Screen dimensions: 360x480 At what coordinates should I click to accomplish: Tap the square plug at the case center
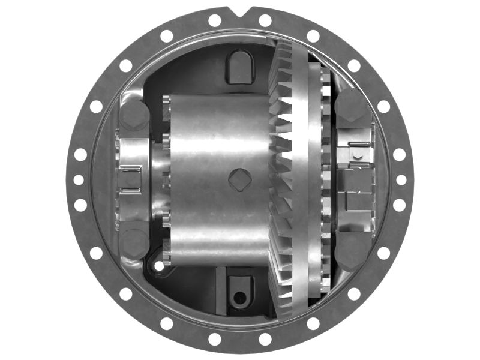click(240, 179)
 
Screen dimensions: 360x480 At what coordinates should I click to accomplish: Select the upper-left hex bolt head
click(134, 114)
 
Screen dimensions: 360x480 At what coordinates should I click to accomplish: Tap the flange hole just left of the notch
click(215, 20)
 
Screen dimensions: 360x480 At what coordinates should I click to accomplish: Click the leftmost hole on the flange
click(79, 179)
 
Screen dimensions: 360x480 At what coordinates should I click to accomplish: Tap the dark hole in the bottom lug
click(240, 297)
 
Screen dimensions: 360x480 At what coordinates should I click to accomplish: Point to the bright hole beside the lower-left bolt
click(159, 265)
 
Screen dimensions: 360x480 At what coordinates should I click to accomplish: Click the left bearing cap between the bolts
click(133, 179)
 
